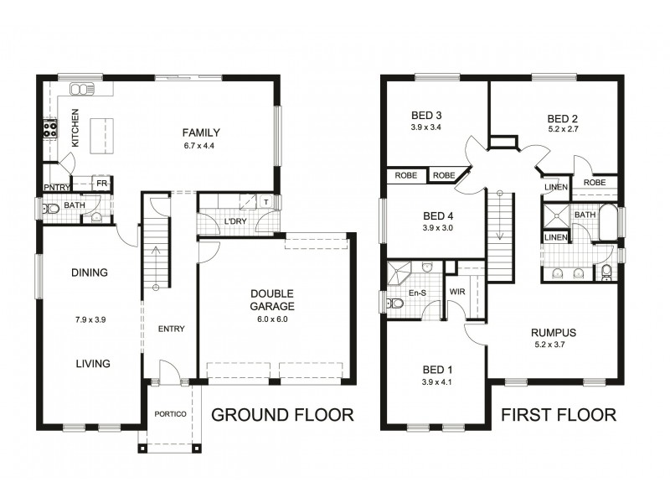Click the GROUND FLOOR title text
tap(281, 414)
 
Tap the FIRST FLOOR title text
tap(559, 414)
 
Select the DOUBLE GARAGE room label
tap(272, 300)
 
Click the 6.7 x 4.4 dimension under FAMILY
tap(200, 147)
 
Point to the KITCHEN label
tap(75, 128)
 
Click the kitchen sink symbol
tap(80, 88)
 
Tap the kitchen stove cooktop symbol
tap(49, 129)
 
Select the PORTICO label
tap(170, 414)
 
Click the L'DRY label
tap(234, 222)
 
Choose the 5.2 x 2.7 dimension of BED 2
tap(563, 129)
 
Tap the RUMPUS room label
tap(554, 332)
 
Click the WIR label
tap(458, 291)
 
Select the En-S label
tap(416, 293)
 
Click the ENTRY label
tap(171, 329)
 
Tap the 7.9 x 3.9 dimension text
tap(90, 319)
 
